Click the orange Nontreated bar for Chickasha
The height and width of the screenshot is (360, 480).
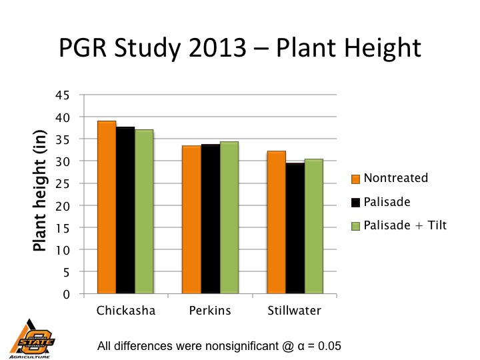(x=107, y=207)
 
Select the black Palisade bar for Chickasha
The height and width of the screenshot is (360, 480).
(x=125, y=210)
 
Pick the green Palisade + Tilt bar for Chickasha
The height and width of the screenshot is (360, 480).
(x=144, y=211)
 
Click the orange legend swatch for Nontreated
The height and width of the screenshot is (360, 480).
(x=356, y=179)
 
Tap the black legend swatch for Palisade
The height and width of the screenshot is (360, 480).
(x=356, y=202)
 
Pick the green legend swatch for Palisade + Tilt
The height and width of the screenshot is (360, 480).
(x=356, y=226)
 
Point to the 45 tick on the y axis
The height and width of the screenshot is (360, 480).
(x=63, y=95)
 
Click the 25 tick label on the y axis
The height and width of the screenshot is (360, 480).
(x=63, y=183)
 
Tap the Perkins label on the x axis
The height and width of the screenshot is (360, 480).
(x=210, y=311)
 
